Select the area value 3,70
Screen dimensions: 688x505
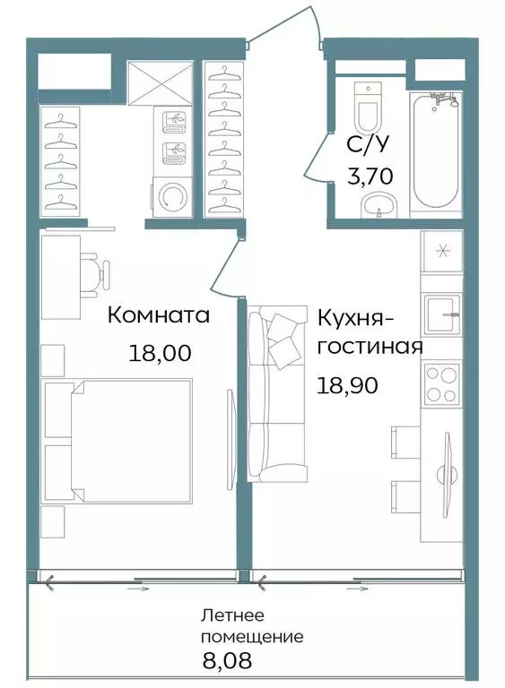(x=370, y=176)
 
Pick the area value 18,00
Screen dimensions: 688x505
(x=161, y=353)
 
